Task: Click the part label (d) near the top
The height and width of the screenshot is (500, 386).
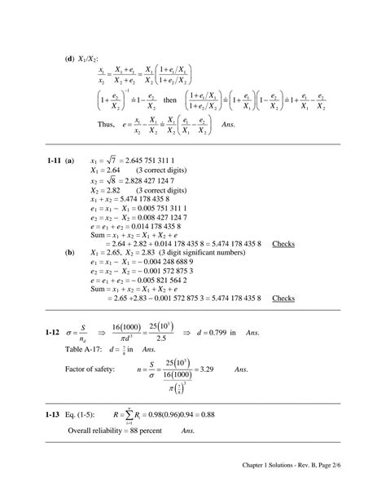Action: click(x=70, y=59)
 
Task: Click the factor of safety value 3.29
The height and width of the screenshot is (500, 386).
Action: click(x=208, y=369)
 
